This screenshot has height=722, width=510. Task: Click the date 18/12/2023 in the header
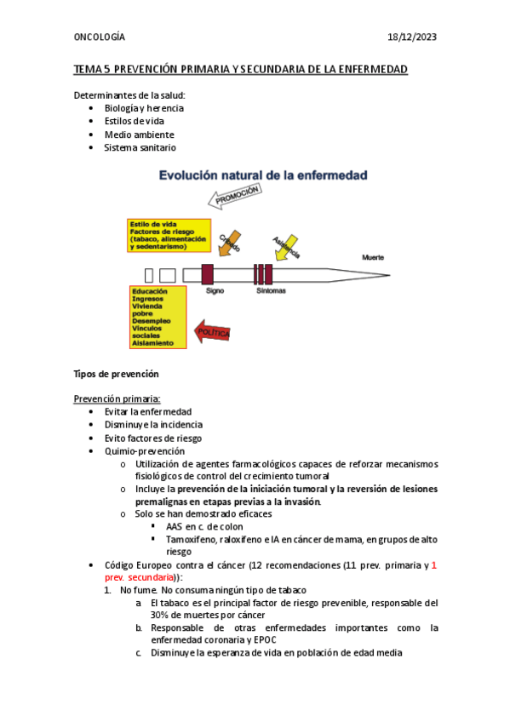pyautogui.click(x=413, y=37)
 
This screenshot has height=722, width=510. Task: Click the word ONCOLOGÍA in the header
pyautogui.click(x=100, y=37)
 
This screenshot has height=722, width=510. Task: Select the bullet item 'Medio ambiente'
pyautogui.click(x=139, y=135)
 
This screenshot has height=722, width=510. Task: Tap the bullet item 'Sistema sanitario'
pyautogui.click(x=140, y=147)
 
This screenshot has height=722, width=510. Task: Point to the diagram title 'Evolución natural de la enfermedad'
pyautogui.click(x=263, y=176)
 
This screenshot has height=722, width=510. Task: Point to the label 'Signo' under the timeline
pyautogui.click(x=215, y=290)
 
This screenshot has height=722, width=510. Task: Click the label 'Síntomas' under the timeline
pyautogui.click(x=271, y=290)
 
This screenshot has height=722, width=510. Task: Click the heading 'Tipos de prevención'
pyautogui.click(x=117, y=375)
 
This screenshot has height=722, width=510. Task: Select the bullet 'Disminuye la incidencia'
pyautogui.click(x=153, y=425)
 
